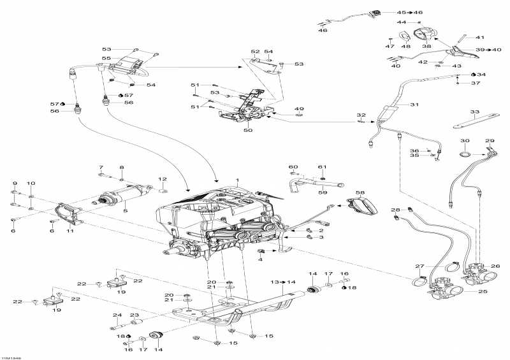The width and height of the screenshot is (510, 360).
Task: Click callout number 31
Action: tap(414, 104)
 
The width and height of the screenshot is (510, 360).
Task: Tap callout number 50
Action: tap(248, 131)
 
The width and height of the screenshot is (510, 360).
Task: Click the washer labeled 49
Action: tap(300, 117)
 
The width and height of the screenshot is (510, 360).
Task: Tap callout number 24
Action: tap(117, 315)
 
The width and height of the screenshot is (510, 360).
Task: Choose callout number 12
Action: tap(162, 179)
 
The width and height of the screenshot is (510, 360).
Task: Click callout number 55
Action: tap(106, 58)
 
